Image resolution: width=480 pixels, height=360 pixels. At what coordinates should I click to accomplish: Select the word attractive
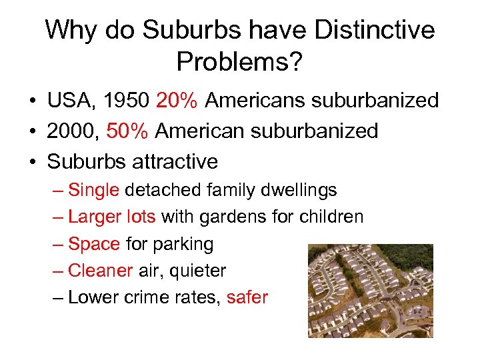pyautogui.click(x=176, y=161)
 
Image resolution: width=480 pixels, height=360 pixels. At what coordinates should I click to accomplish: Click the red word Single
pyautogui.click(x=93, y=191)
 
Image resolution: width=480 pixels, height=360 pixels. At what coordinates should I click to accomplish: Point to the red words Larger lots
pyautogui.click(x=112, y=217)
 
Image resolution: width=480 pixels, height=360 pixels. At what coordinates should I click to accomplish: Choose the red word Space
pyautogui.click(x=94, y=245)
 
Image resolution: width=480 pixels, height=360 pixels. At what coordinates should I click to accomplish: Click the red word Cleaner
pyautogui.click(x=100, y=271)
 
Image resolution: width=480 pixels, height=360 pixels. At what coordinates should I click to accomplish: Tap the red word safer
pyautogui.click(x=247, y=297)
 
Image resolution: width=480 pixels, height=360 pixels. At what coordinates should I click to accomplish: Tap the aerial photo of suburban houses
pyautogui.click(x=370, y=291)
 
